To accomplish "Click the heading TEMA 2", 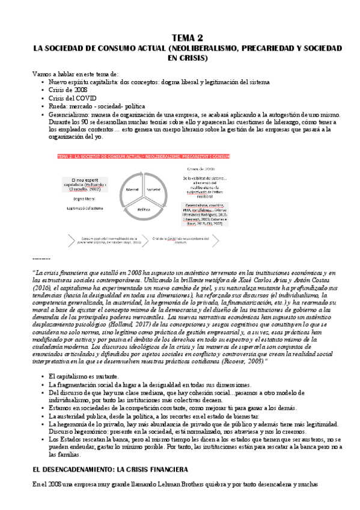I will pos(180,37).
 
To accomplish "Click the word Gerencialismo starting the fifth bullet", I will pos(72,113).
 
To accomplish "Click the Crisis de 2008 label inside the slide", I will pos(205,168).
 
